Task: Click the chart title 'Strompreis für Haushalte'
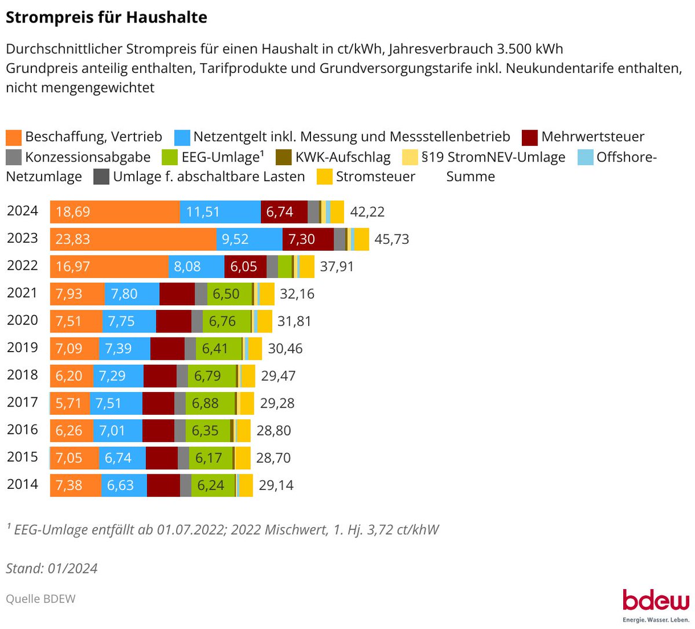tap(106, 17)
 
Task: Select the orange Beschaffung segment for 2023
tap(133, 239)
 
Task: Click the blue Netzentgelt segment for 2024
tap(220, 212)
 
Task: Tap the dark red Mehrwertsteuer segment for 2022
tap(245, 266)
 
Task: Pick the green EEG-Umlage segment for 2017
tap(210, 403)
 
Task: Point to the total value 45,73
tap(392, 239)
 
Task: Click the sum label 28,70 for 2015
tap(273, 458)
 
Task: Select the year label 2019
tap(23, 348)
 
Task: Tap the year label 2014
tap(23, 484)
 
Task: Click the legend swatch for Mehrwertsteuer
tap(530, 137)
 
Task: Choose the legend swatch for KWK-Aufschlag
tap(284, 158)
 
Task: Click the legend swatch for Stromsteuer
tap(325, 177)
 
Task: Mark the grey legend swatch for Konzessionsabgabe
tap(14, 158)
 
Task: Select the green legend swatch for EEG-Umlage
tap(170, 158)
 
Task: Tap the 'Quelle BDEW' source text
tap(41, 599)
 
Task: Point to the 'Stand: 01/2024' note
tap(52, 568)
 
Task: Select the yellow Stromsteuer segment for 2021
tap(267, 294)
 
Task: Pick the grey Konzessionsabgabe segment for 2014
tap(185, 485)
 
